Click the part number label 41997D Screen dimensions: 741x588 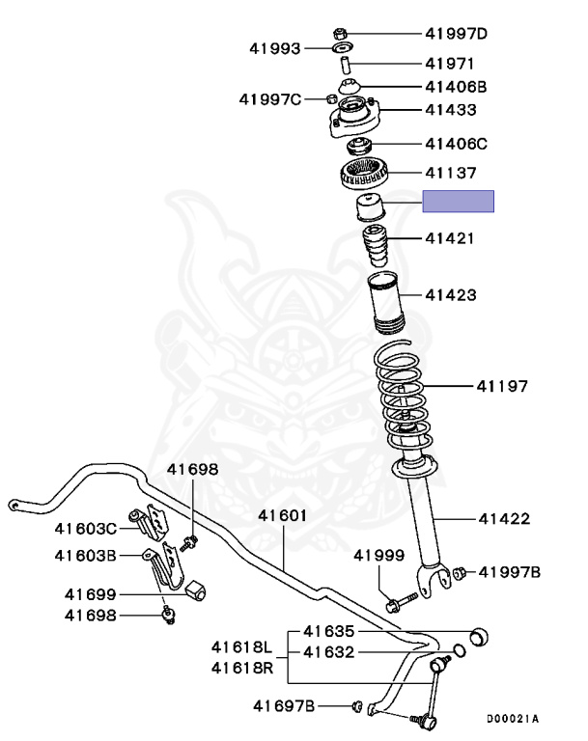[456, 34]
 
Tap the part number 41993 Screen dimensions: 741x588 [275, 47]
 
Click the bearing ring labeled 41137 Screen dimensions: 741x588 [366, 176]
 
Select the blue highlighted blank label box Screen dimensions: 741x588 [458, 201]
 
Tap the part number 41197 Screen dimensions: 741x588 [501, 387]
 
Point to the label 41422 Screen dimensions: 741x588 [503, 519]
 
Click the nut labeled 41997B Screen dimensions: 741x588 [460, 572]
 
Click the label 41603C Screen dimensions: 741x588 [85, 528]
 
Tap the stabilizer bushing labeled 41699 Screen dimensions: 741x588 [201, 589]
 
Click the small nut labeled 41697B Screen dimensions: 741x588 [357, 707]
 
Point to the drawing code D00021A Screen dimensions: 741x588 [512, 719]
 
